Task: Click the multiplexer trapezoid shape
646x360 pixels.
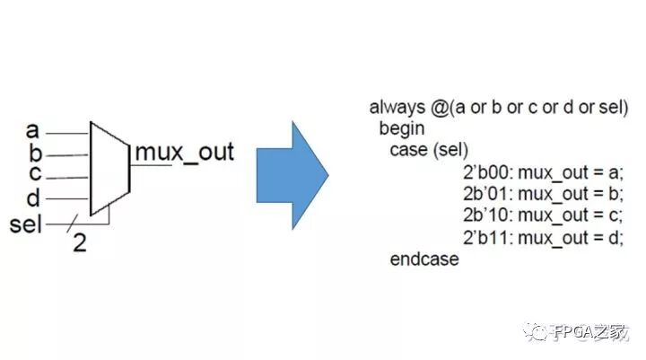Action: click(109, 166)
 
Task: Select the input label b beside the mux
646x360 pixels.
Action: click(34, 154)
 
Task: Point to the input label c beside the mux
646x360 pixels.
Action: click(34, 174)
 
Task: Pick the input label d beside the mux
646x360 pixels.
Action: click(34, 196)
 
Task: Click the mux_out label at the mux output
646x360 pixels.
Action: click(184, 152)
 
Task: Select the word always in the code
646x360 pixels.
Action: click(395, 108)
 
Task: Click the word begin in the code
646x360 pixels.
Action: click(401, 128)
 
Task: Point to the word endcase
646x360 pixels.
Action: click(424, 259)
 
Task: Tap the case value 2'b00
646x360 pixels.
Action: click(485, 172)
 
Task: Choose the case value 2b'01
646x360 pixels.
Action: click(485, 194)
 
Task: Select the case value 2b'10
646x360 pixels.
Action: click(485, 215)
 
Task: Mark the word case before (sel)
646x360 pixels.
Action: click(407, 150)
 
